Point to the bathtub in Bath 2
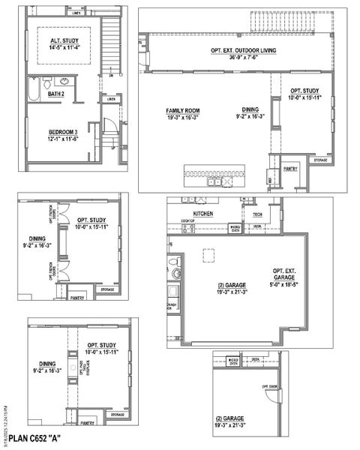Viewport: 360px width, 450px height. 33,91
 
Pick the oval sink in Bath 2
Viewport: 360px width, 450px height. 64,81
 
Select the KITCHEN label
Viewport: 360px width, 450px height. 203,214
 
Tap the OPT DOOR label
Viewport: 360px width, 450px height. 270,387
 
